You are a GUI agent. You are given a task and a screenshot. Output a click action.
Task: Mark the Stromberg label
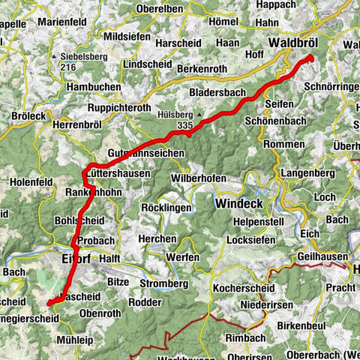[x=163, y=283]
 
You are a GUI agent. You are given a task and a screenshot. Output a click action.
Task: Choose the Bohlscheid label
[x=81, y=221]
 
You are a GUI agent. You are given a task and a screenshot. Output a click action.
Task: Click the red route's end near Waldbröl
[x=309, y=58]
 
